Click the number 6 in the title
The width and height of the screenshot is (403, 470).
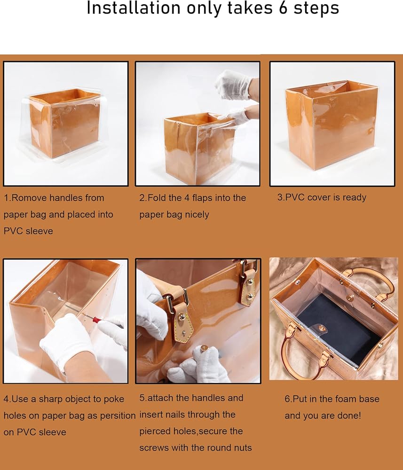point(283,8)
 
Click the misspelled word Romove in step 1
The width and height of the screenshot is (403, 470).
point(29,198)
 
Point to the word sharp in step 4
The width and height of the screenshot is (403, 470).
point(51,399)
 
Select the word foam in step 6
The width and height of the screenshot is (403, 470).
point(345,399)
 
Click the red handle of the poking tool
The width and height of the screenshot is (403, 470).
point(95,319)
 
